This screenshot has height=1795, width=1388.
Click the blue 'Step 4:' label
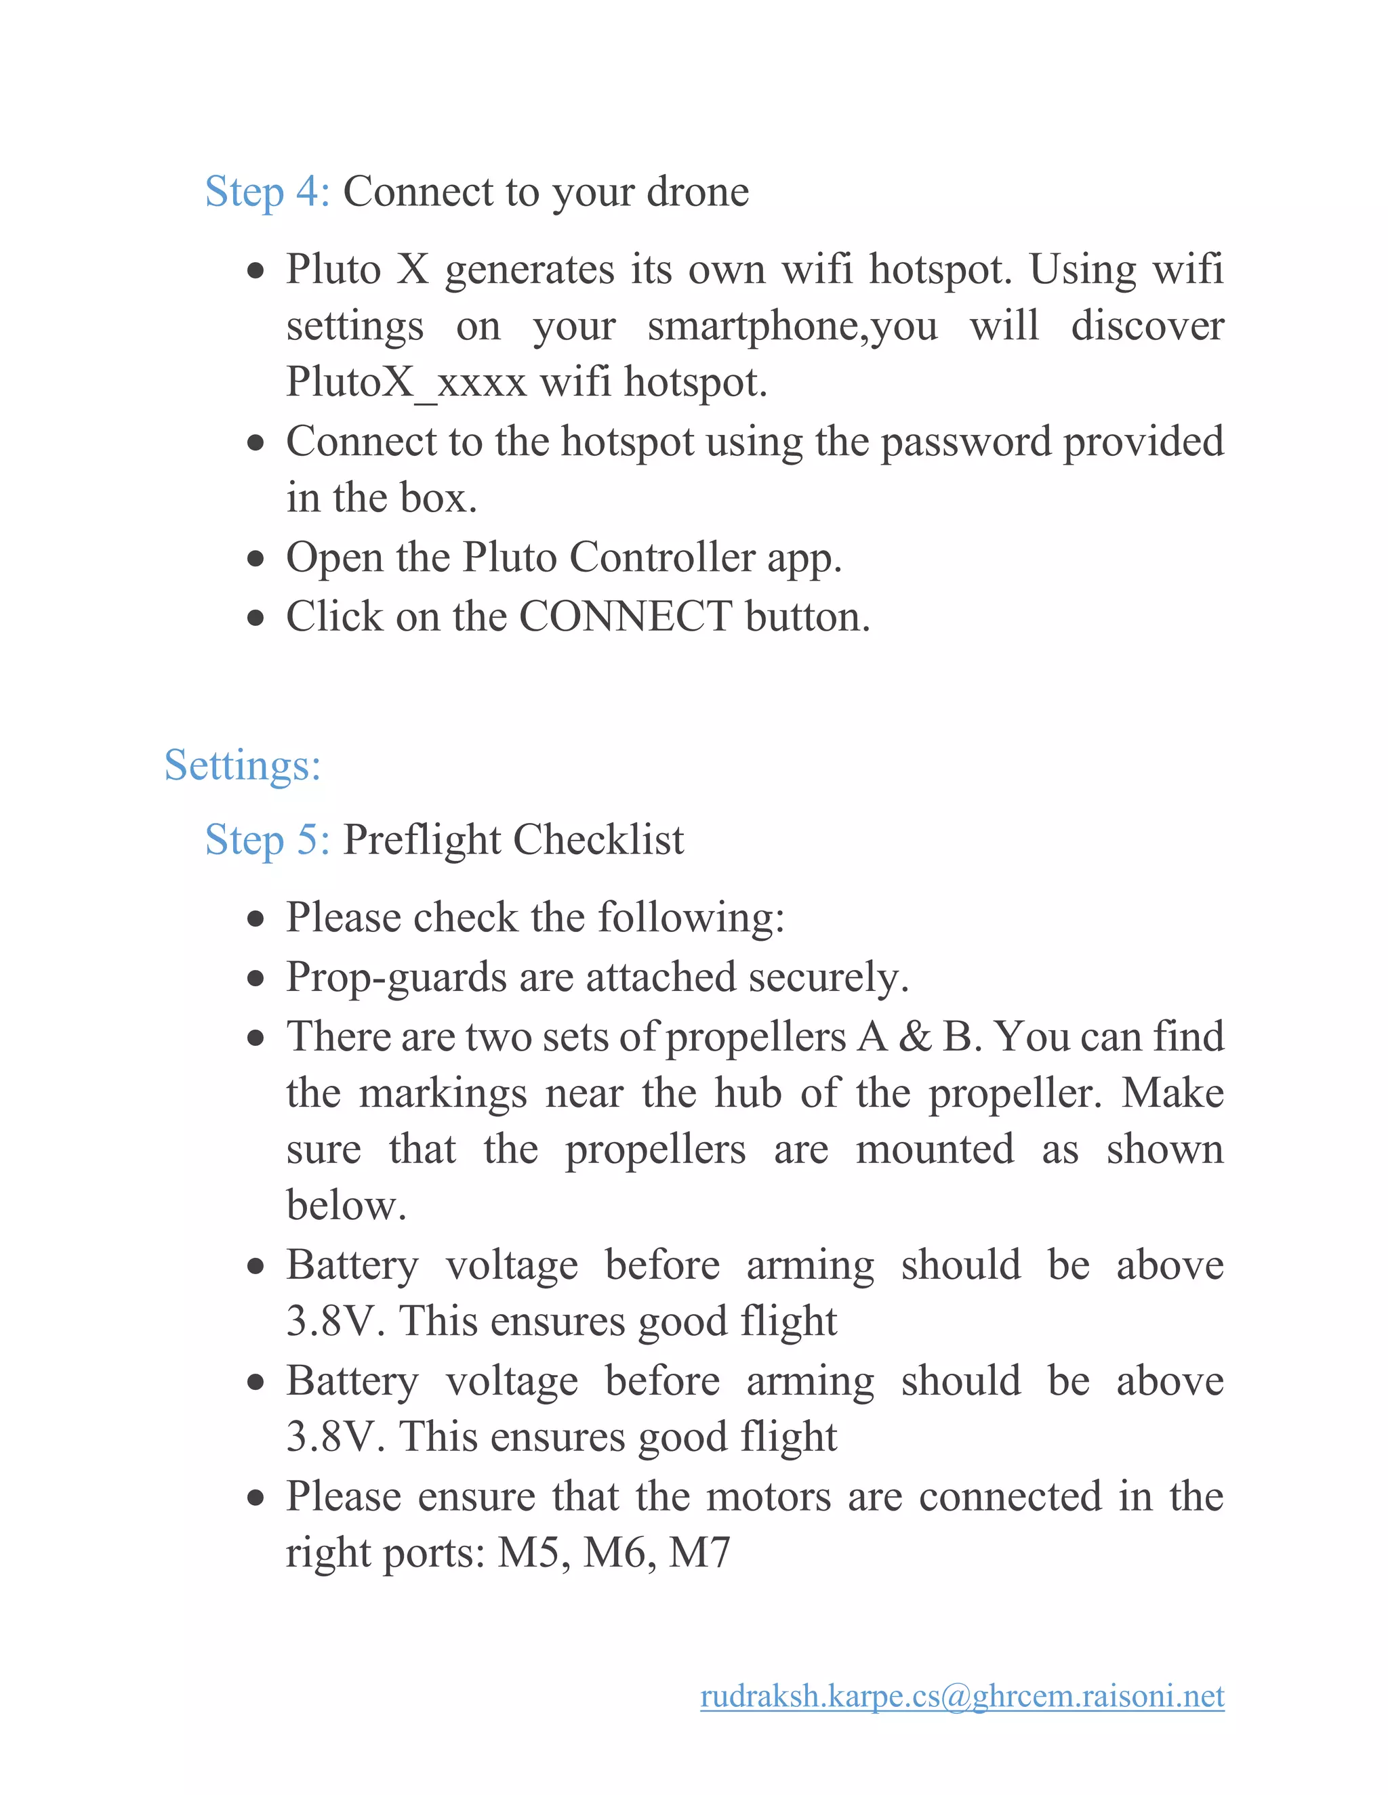tap(266, 192)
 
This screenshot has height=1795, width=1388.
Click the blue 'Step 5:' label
tap(266, 840)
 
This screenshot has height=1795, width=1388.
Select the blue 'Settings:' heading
tap(242, 765)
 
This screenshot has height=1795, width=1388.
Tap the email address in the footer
tap(962, 1696)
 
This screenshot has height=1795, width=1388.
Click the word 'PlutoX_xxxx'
tap(405, 382)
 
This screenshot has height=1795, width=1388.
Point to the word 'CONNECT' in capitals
tap(625, 616)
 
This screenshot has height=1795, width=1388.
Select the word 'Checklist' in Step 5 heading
tap(598, 840)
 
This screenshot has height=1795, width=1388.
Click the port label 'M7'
tap(699, 1553)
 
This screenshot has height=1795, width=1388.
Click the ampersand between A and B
tap(914, 1037)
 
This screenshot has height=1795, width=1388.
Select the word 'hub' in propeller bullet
tap(747, 1094)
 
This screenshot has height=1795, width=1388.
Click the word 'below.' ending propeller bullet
tap(346, 1206)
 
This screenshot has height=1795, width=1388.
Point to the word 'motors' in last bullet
tap(768, 1496)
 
